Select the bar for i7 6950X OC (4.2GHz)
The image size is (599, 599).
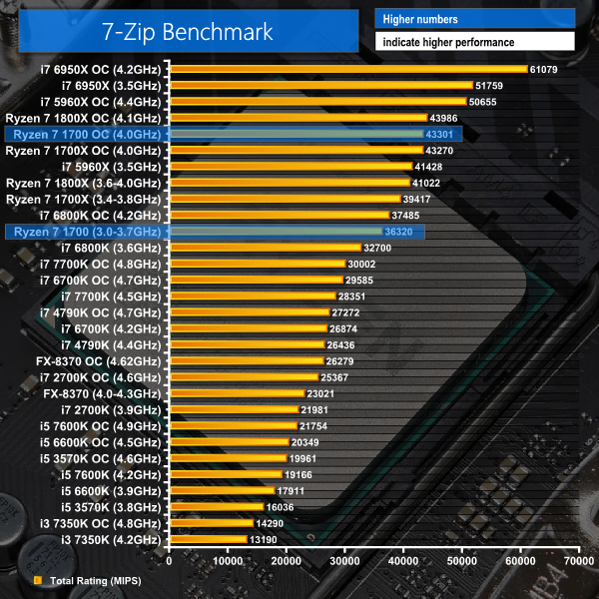coord(348,69)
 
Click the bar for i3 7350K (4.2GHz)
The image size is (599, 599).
coord(209,539)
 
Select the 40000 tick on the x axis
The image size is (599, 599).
coord(404,562)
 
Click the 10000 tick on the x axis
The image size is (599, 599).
coord(230,562)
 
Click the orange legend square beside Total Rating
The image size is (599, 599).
coord(37,580)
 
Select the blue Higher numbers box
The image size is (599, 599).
coord(474,19)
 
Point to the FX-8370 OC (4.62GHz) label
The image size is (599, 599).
coord(98,360)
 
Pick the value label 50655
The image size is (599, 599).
coord(483,101)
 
